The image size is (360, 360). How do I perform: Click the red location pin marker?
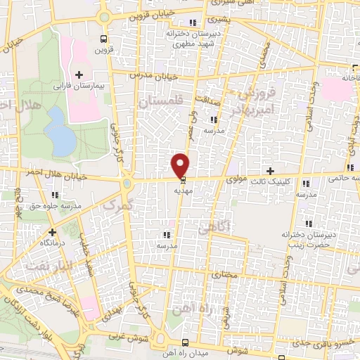point(181,165)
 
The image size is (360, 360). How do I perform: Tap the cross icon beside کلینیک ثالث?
point(270,171)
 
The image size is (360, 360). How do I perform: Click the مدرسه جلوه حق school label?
point(47,205)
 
